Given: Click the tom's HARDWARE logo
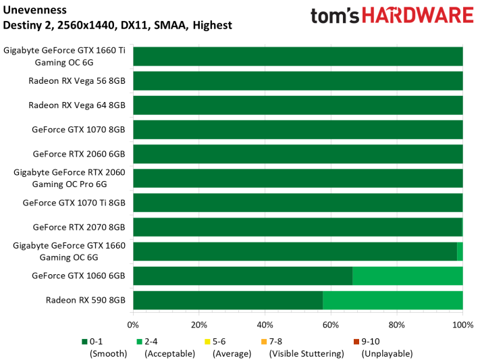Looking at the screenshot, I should (392, 16).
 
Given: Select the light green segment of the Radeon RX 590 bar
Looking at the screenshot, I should (392, 301).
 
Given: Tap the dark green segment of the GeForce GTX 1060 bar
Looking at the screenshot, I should (243, 276).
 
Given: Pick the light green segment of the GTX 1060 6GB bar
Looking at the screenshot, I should (407, 276).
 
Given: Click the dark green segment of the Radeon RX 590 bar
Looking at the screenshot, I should (228, 301).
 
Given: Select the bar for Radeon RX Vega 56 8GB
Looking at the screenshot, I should (298, 81).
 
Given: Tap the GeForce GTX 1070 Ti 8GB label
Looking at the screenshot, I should (74, 203).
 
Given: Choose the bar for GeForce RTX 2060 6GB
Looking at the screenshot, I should (298, 154).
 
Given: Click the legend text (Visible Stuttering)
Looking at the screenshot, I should (302, 353).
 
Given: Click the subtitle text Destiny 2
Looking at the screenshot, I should (26, 26).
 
